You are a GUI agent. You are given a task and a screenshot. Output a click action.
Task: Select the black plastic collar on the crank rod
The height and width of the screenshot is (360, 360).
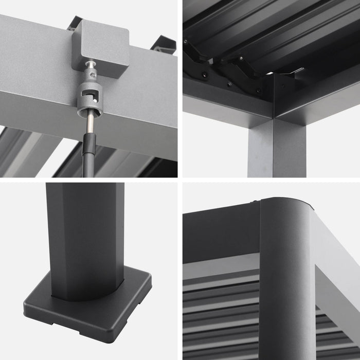(89, 146)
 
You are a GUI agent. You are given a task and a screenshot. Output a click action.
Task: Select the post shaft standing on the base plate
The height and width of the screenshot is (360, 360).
(85, 237)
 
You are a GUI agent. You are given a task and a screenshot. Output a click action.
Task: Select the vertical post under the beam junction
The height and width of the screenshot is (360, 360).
(276, 149)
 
